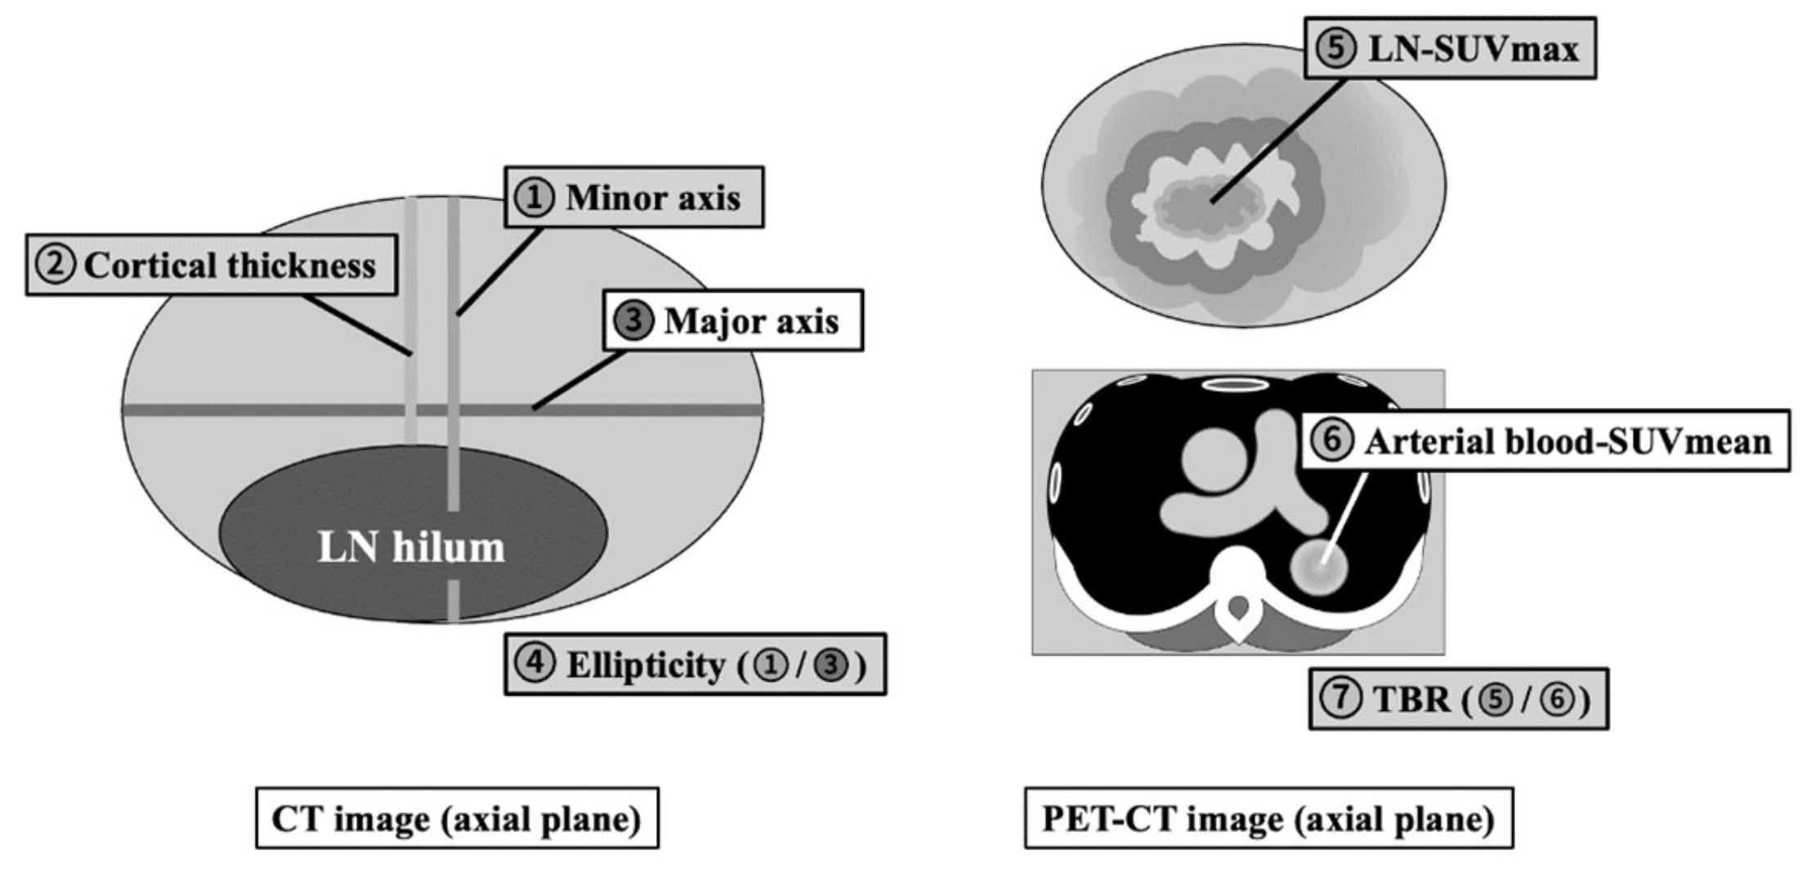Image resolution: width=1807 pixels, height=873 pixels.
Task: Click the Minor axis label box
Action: (x=634, y=198)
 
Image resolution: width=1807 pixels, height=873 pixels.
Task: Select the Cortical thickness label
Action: (x=212, y=266)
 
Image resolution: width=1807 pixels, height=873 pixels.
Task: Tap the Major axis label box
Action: (x=733, y=321)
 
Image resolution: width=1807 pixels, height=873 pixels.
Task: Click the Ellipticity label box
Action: (x=695, y=665)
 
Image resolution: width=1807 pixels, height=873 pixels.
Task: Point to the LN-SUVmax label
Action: (x=1449, y=49)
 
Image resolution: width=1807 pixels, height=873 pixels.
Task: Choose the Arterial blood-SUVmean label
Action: (x=1544, y=441)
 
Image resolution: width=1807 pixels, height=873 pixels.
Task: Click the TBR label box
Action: (x=1458, y=700)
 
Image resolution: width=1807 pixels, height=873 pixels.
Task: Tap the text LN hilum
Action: (x=411, y=548)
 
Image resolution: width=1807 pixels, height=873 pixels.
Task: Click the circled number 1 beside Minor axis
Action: (x=534, y=198)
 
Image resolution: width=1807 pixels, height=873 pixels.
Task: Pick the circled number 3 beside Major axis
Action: (x=633, y=321)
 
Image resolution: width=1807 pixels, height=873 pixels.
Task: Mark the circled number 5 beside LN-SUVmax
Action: (x=1335, y=49)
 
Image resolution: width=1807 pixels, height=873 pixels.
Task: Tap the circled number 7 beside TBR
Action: (x=1341, y=700)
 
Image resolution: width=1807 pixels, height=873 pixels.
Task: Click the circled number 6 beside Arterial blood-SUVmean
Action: (x=1332, y=441)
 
